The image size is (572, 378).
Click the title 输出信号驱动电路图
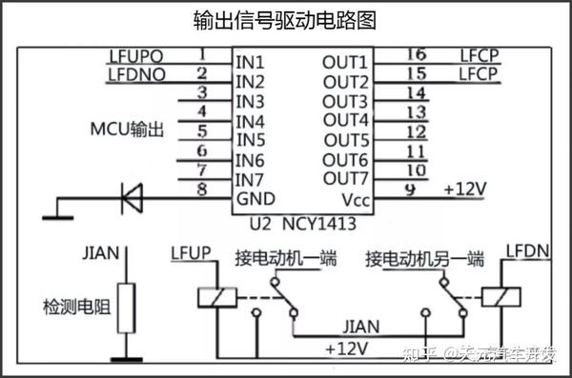285,19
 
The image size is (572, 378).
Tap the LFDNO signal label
136,73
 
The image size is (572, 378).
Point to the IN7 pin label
250,179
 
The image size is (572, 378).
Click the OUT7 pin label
344,179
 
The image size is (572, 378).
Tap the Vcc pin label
354,198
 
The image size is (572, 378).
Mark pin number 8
201,189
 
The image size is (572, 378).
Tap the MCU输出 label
129,128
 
